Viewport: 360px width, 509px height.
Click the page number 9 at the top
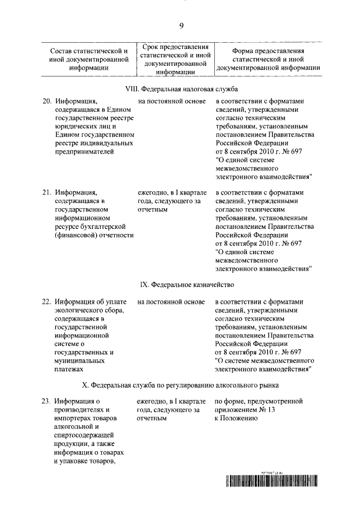(181, 25)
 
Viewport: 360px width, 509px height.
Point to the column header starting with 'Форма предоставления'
(268, 59)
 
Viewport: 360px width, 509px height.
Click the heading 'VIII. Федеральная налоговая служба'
(181, 89)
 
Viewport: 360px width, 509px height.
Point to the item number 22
(47, 302)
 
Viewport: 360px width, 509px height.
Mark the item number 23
(47, 402)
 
